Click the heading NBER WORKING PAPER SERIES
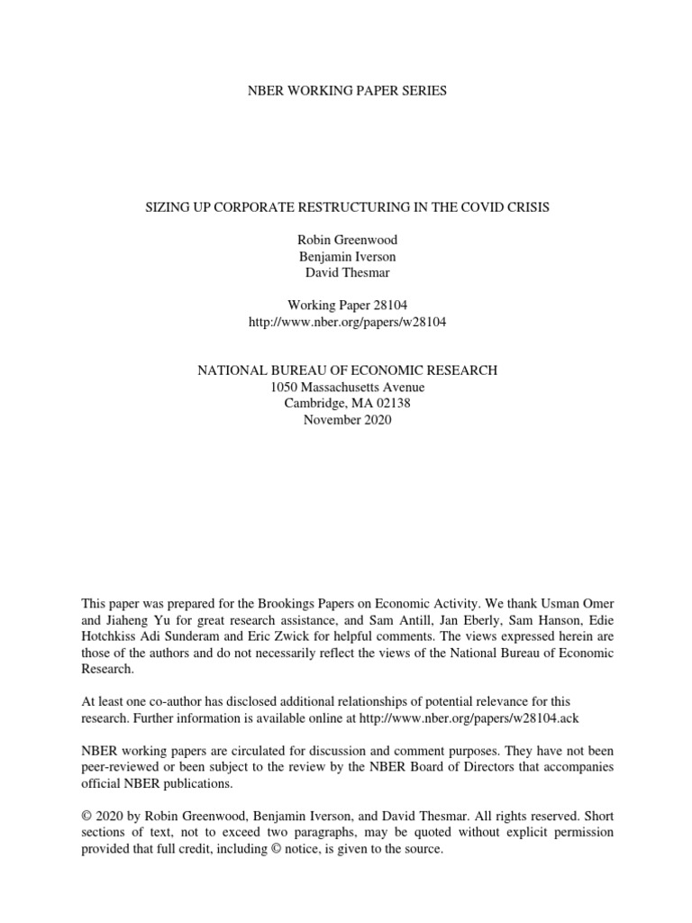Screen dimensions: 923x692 [x=346, y=91]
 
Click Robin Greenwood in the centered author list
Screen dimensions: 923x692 [x=346, y=241]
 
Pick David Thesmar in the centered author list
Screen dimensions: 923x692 [x=346, y=273]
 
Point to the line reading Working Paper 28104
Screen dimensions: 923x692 [x=346, y=306]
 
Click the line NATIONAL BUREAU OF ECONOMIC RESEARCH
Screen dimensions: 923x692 [x=346, y=370]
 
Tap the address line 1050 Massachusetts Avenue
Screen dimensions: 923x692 [x=346, y=387]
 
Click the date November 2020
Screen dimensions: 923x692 [x=346, y=419]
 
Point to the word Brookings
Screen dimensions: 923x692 [x=296, y=602]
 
